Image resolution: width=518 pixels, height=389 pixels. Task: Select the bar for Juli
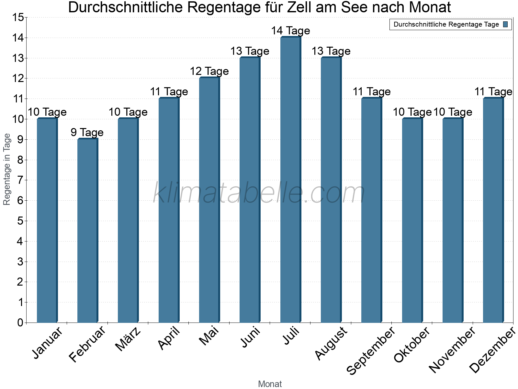[x=290, y=180]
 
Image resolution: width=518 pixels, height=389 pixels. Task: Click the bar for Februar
[x=87, y=231]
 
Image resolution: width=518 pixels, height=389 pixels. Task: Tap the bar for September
[x=371, y=210]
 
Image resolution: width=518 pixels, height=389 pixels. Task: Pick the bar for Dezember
[x=493, y=210]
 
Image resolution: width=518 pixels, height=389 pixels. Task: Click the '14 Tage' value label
[x=290, y=31]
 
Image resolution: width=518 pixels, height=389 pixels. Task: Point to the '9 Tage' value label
[x=87, y=132]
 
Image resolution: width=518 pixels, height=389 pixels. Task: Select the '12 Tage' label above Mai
[x=209, y=71]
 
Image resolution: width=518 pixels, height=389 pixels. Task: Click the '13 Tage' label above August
[x=331, y=51]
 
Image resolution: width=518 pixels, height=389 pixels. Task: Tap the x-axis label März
[x=128, y=339]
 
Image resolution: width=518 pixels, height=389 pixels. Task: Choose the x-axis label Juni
[x=250, y=337]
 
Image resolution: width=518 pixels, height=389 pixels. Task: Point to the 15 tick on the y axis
[x=18, y=18]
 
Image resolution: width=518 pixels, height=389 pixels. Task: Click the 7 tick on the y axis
[x=20, y=180]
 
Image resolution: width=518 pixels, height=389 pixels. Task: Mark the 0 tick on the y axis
[x=20, y=323]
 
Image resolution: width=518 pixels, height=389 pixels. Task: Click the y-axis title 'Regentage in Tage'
[x=7, y=169]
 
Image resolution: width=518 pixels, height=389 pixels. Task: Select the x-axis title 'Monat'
[x=270, y=384]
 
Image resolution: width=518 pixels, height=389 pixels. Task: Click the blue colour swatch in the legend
[x=505, y=24]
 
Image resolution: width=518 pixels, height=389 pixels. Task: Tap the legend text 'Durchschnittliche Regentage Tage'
[x=446, y=24]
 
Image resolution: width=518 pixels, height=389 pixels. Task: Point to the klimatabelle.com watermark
[x=259, y=193]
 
